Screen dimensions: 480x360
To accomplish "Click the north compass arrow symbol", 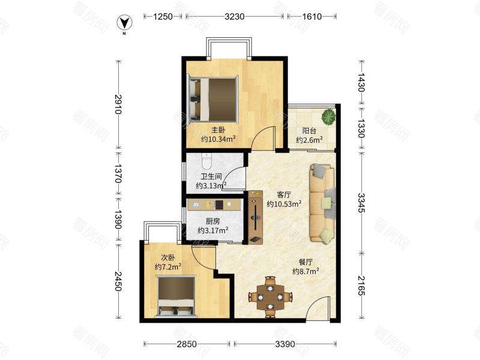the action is pos(125,23).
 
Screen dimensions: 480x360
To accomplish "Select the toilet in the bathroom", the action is pos(206,161).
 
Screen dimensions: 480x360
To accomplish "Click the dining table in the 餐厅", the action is pos(269,296).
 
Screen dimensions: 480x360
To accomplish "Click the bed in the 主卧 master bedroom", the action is pos(214,99).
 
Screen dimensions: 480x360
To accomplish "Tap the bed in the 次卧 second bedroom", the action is pos(176,296).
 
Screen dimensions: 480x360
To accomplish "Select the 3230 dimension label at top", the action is pos(235,16).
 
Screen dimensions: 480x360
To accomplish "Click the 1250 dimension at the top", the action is pos(163,16).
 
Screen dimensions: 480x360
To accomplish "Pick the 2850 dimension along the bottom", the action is pos(187,344).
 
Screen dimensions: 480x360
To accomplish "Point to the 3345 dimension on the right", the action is pos(361,203).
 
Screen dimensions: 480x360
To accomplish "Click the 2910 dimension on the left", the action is pos(118,104).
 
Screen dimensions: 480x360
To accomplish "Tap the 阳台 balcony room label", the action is pos(309,131).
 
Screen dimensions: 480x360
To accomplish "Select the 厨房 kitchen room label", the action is pos(212,221).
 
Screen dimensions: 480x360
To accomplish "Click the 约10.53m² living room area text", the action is pos(284,203).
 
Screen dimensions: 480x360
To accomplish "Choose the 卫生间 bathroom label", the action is pos(211,176).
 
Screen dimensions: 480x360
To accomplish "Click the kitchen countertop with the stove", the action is pos(214,205).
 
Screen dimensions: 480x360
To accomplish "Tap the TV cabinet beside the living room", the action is pos(256,217).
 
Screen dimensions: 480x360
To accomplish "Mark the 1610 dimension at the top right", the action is pos(312,16).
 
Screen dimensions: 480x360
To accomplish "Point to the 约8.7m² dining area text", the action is pos(306,271).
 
